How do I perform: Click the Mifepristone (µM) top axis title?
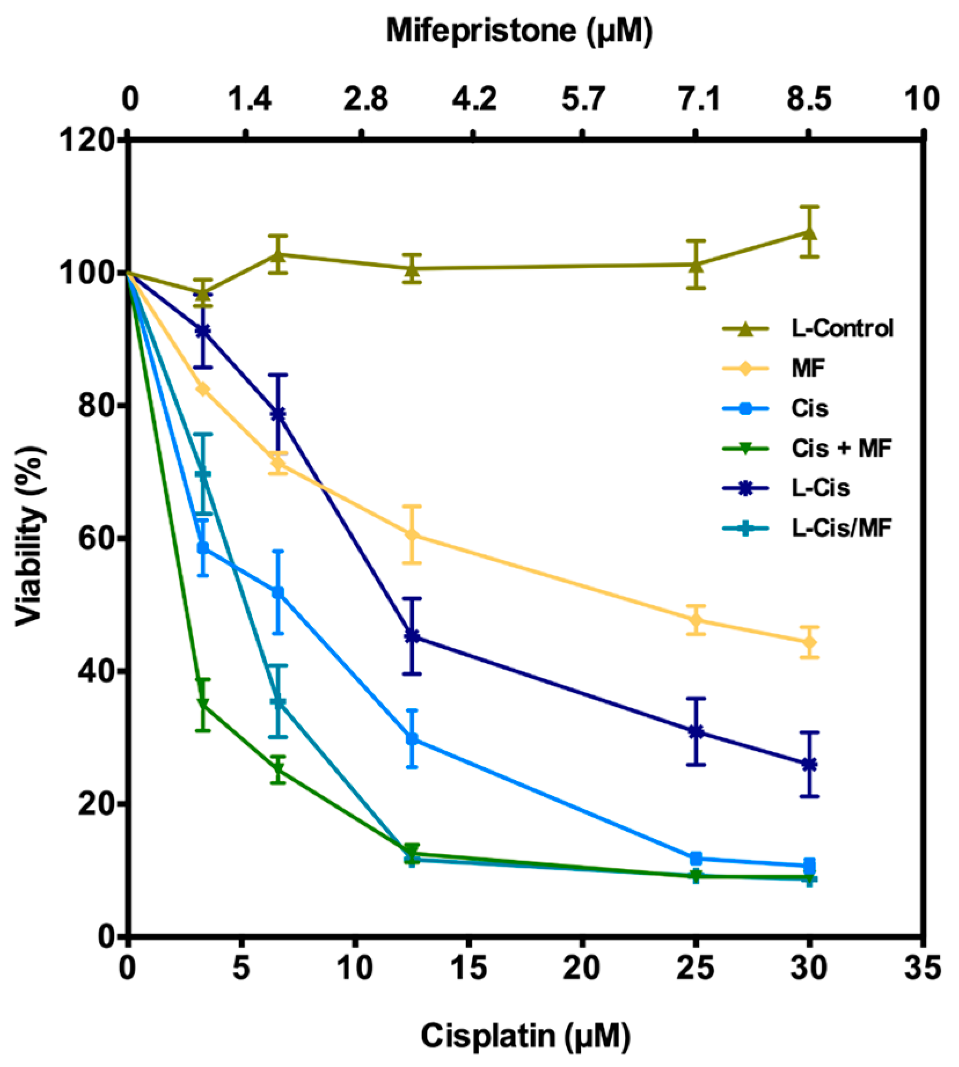(x=519, y=30)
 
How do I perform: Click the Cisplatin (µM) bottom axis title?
(x=525, y=1036)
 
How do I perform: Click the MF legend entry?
(x=807, y=368)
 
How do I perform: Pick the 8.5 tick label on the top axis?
(x=808, y=99)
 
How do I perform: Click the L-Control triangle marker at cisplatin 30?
(x=810, y=233)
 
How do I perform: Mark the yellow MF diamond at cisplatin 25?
(x=697, y=620)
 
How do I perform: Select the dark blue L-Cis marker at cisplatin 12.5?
(x=412, y=636)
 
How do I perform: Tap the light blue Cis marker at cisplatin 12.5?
(x=412, y=739)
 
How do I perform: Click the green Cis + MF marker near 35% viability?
(x=203, y=705)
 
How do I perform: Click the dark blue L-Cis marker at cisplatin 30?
(x=810, y=765)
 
